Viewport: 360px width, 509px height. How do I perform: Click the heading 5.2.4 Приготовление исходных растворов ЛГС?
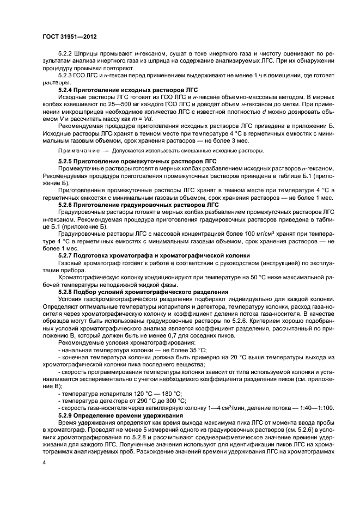pyautogui.click(x=128, y=89)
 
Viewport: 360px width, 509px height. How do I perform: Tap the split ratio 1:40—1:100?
pyautogui.click(x=314, y=408)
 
